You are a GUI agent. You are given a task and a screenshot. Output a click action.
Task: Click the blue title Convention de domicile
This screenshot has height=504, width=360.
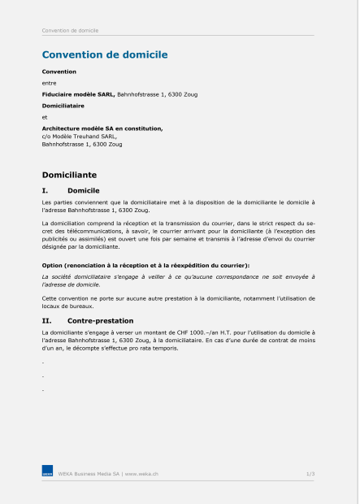(105, 54)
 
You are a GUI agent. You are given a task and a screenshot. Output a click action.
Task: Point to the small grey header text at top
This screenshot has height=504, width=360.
(70, 30)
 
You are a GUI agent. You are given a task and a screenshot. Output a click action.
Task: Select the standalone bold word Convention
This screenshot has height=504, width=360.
(59, 72)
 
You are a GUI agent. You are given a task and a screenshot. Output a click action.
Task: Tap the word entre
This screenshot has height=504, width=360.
(49, 83)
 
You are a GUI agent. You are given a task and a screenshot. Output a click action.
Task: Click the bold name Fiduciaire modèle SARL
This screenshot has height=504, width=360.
(79, 94)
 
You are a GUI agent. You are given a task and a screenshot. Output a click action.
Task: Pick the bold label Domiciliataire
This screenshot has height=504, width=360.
(63, 106)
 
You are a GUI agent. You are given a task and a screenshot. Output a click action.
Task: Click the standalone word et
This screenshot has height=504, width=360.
(45, 117)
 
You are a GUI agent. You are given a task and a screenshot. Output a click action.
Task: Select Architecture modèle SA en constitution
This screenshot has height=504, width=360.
(102, 128)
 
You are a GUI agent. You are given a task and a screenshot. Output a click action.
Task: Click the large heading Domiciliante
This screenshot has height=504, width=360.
(69, 174)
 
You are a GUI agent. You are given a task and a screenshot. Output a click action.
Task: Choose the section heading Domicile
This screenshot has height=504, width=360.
(83, 189)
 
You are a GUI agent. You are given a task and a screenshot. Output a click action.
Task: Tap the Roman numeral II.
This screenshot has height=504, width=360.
(46, 321)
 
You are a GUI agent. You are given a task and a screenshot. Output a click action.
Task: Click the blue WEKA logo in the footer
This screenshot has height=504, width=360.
(48, 472)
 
